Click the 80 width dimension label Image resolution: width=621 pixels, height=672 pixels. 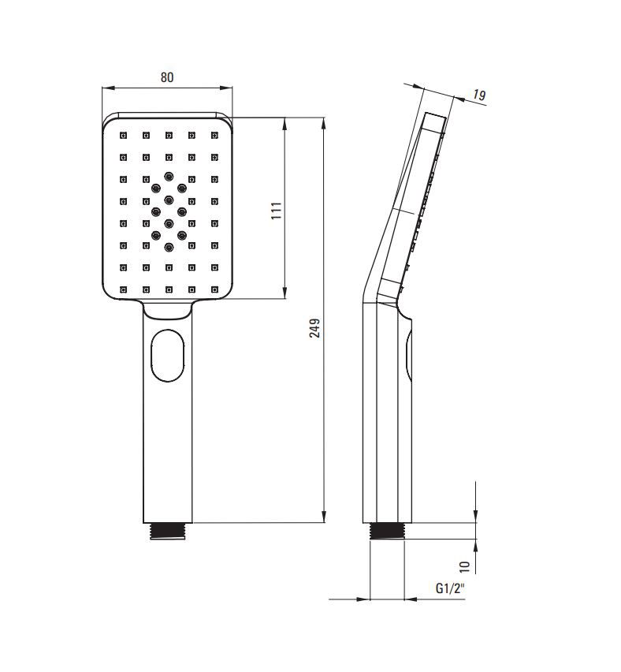[167, 77]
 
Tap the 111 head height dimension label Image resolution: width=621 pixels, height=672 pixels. [277, 211]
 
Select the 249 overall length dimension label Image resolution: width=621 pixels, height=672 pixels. [314, 328]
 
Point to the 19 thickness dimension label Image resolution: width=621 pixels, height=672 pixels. [480, 95]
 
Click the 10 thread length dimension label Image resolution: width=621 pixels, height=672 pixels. [465, 567]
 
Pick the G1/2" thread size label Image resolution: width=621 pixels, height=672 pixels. [450, 588]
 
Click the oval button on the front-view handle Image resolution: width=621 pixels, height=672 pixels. [168, 355]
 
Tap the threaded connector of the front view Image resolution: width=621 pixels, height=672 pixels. [168, 531]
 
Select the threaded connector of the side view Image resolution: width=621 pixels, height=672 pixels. [387, 531]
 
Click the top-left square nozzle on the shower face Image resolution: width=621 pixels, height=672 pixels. [124, 136]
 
